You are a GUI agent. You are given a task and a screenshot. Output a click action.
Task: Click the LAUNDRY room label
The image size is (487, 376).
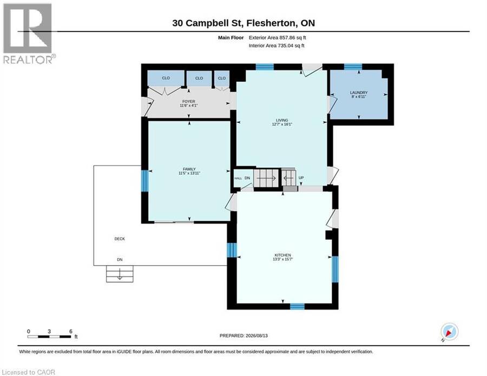coord(359,93)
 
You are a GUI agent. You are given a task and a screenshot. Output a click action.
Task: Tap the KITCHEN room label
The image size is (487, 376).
coord(282,255)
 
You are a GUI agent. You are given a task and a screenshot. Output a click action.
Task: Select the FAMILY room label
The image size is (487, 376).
coord(189,169)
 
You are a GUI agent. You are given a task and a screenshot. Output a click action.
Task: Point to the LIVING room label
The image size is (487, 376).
coord(282,120)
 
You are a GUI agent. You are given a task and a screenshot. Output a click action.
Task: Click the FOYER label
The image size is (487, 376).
coord(189,102)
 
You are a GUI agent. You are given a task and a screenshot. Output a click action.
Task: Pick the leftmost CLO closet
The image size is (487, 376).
coord(166,78)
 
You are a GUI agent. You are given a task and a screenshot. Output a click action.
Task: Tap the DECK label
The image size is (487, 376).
coord(120,239)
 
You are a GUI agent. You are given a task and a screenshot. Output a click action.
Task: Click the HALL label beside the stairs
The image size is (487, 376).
coord(238,178)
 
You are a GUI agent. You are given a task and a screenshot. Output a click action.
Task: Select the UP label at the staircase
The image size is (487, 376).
coord(301,178)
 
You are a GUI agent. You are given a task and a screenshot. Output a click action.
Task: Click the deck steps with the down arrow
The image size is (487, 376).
coord(120,274)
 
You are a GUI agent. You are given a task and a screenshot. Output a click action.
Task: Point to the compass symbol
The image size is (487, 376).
coord(450,332)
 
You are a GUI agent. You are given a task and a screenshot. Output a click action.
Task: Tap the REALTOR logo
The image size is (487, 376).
coord(28,34)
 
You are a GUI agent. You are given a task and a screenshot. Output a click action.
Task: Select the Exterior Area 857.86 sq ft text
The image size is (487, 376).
coord(278,37)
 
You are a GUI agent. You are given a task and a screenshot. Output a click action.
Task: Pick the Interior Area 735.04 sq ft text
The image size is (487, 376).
coord(277,45)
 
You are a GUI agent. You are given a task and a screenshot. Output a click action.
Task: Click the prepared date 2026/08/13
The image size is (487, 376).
coord(256,335)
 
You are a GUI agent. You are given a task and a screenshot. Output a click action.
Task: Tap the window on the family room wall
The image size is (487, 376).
coord(144,181)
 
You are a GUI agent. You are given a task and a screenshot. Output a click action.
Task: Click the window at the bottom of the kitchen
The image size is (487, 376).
coord(297,306)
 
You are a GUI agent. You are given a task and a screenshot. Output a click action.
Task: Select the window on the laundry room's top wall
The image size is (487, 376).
coord(353,67)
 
